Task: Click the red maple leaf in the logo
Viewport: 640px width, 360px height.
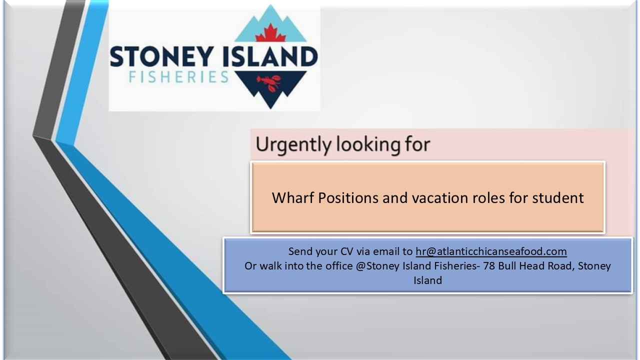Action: pos(270,33)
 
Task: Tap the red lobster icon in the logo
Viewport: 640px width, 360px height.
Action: pos(269,83)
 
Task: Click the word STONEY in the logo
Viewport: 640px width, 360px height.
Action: pos(161,56)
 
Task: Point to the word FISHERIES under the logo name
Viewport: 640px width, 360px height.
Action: pos(179,77)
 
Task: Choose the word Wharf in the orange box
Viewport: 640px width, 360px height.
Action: pos(293,197)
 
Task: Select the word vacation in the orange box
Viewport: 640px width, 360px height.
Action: pos(439,197)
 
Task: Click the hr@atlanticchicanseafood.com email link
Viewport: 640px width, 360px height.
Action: pos(491,251)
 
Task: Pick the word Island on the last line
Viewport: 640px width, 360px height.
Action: pos(427,280)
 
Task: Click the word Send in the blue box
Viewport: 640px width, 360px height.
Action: pos(298,251)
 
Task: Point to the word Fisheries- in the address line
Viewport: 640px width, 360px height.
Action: pos(457,266)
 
